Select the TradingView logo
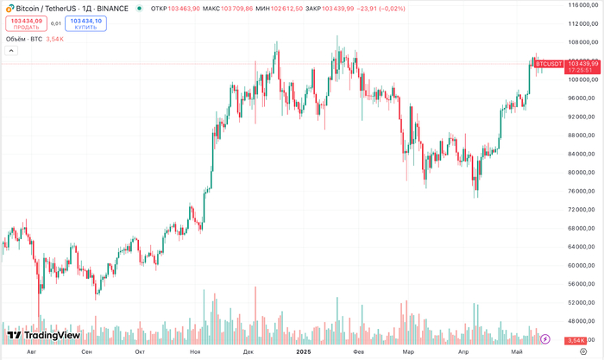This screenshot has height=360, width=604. tap(43, 335)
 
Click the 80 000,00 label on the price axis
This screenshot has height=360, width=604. tap(583, 173)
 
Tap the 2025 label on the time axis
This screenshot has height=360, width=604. tap(303, 352)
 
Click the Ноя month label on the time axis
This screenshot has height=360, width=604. tap(195, 352)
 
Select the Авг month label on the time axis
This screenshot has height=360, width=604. tap(33, 352)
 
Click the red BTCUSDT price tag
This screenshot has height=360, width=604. tap(549, 64)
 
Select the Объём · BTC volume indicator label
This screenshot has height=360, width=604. tap(23, 39)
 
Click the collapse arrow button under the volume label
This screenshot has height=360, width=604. tap(11, 51)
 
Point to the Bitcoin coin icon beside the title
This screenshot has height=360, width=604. tap(8, 8)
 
